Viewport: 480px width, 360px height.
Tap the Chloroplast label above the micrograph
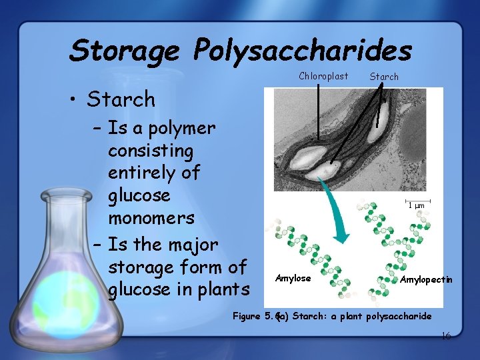(x=323, y=76)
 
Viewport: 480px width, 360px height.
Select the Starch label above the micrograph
(x=384, y=77)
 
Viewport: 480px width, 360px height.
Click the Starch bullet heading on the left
(x=121, y=100)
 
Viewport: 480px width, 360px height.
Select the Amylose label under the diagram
(x=293, y=279)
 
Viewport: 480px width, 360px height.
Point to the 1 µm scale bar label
(x=416, y=205)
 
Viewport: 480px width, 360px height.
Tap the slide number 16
(x=445, y=335)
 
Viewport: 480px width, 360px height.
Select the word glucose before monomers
(x=139, y=195)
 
